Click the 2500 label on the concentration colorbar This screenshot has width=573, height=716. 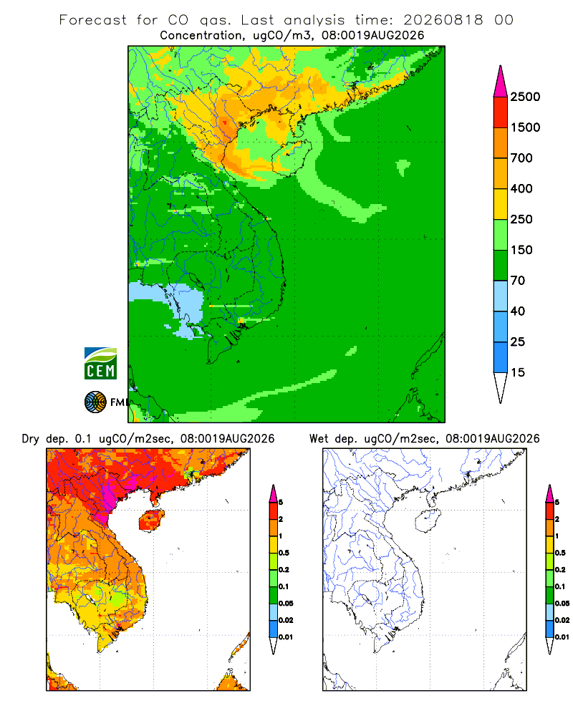click(525, 97)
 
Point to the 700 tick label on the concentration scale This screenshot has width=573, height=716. click(521, 158)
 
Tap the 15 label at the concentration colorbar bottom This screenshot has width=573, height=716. click(518, 372)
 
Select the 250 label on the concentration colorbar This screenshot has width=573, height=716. click(521, 219)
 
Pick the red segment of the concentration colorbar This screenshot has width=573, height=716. click(501, 112)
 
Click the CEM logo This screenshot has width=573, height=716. click(100, 364)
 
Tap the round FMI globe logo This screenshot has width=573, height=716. click(95, 402)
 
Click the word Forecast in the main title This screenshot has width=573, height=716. click(93, 20)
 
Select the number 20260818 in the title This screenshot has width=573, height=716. click(443, 20)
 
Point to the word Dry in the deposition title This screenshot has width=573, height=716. click(31, 439)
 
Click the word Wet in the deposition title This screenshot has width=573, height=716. click(319, 439)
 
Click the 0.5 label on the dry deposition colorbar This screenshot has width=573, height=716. click(284, 553)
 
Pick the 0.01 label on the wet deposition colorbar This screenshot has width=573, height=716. click(562, 637)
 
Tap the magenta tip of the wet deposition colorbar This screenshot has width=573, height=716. click(549, 493)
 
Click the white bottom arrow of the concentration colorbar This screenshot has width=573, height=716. click(501, 387)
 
